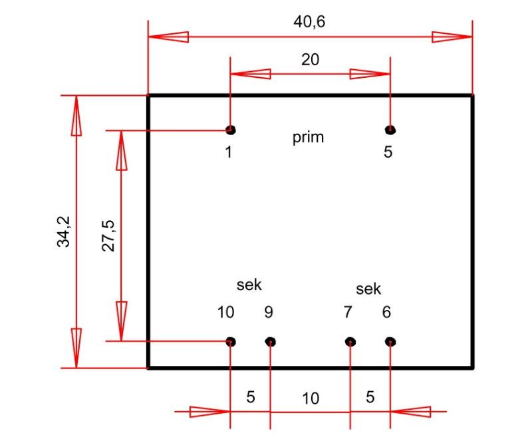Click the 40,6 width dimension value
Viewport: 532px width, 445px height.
tap(309, 22)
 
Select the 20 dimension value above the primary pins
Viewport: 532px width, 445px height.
tap(310, 60)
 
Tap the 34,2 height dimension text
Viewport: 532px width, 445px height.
tap(63, 231)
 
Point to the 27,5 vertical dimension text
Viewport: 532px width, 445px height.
tap(108, 235)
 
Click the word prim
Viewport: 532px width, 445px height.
tap(308, 138)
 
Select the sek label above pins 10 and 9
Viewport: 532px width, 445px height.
tap(249, 285)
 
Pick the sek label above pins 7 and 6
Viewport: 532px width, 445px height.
tap(368, 289)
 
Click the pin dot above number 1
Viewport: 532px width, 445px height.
tap(230, 130)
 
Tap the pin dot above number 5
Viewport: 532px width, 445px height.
tap(390, 130)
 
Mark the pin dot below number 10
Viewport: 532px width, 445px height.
tap(230, 341)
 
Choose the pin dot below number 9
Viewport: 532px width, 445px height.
tap(271, 341)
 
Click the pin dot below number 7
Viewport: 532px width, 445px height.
tap(350, 341)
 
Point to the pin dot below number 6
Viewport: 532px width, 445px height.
tap(390, 341)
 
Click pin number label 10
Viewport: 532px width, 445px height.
tap(225, 312)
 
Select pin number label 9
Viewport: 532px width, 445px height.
tap(269, 312)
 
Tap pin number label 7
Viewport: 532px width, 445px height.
tap(348, 312)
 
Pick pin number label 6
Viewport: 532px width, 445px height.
tap(386, 312)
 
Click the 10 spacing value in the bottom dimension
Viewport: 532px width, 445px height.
tap(311, 398)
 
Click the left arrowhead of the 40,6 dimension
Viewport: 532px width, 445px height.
tap(169, 37)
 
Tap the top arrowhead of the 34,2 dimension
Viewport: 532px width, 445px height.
tap(76, 116)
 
